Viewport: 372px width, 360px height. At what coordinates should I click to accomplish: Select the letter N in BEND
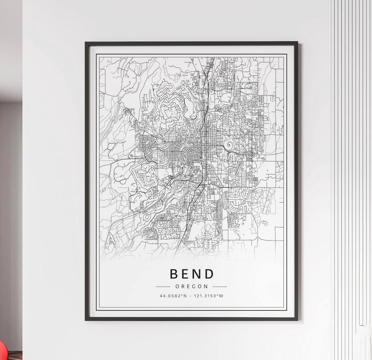click(197, 274)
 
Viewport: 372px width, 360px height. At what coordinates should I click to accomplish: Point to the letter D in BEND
click(209, 274)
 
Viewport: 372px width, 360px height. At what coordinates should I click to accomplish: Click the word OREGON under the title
click(192, 286)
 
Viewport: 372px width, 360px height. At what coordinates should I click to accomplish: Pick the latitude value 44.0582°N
click(173, 296)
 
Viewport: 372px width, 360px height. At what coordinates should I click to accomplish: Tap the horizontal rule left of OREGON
click(163, 286)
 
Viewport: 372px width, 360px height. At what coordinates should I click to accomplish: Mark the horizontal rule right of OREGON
click(220, 286)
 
